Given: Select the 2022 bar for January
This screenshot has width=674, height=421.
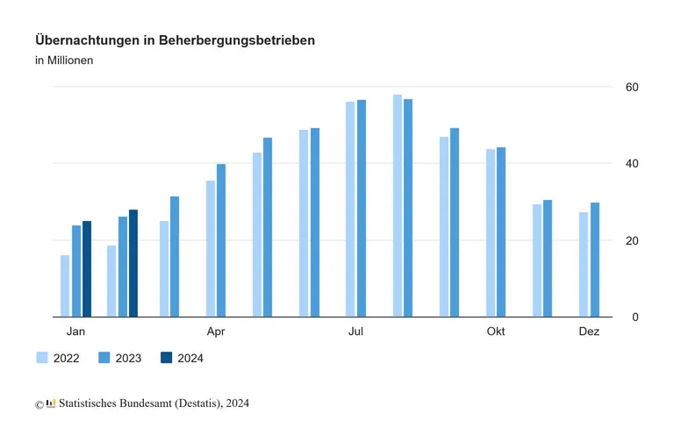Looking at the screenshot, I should click(65, 286).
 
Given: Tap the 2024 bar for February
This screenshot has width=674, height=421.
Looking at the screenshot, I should click(133, 263).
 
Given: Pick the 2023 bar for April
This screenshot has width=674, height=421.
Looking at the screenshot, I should click(221, 240).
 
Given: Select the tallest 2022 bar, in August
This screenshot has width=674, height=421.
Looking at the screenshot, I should click(398, 205).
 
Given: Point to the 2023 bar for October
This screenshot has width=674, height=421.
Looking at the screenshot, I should click(501, 232).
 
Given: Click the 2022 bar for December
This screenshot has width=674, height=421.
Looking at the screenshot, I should click(584, 264).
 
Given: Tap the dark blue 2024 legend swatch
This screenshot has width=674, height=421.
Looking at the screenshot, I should click(166, 358).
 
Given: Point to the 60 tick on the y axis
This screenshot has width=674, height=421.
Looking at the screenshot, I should click(631, 87).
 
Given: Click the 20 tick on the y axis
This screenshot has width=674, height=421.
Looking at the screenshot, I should click(631, 240).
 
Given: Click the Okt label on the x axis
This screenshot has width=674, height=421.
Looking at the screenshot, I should click(496, 332).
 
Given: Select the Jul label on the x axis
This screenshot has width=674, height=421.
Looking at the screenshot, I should click(355, 332).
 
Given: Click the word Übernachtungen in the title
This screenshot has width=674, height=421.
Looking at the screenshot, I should click(88, 40).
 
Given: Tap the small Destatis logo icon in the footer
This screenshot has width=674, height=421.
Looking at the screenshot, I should click(51, 403).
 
